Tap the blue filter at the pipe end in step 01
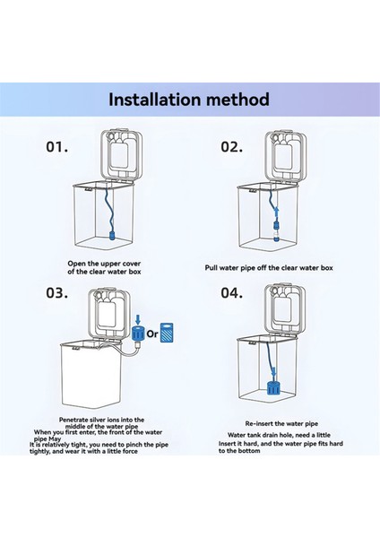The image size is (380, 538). [x=116, y=236]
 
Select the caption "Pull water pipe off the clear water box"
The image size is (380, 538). [x=267, y=267]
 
